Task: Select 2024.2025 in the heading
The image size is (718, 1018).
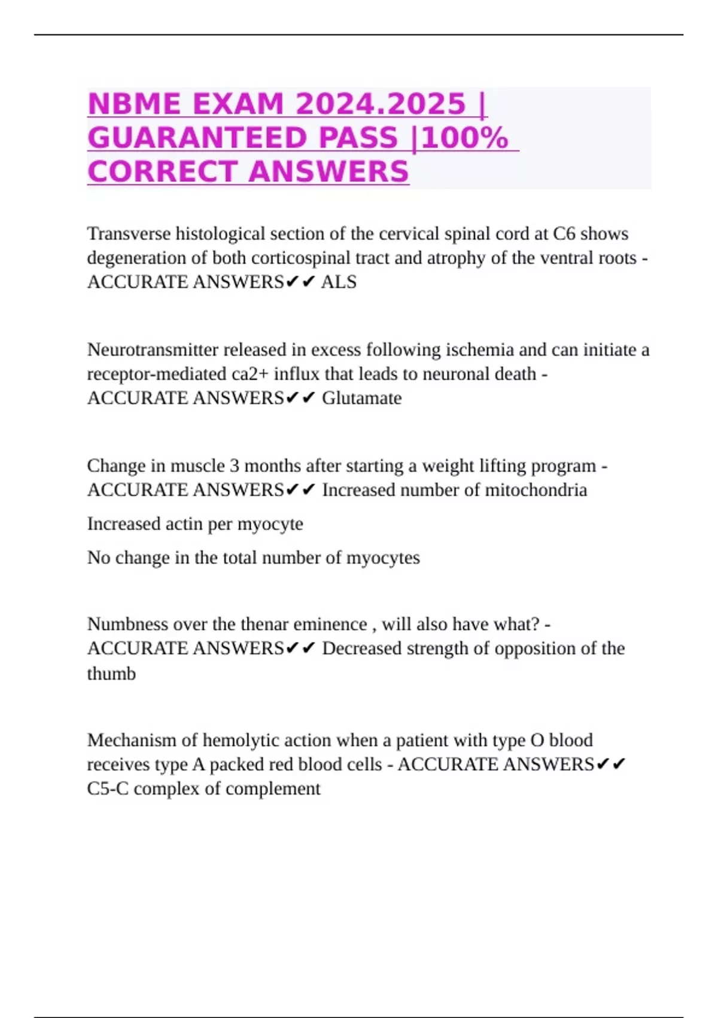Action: coord(381,104)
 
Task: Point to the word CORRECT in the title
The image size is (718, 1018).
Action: coord(162,172)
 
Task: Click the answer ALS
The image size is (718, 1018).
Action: coord(339,282)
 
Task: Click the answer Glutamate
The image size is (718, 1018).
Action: coord(362,398)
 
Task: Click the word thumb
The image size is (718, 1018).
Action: coord(111,674)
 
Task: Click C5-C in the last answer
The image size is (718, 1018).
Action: coord(108,789)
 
